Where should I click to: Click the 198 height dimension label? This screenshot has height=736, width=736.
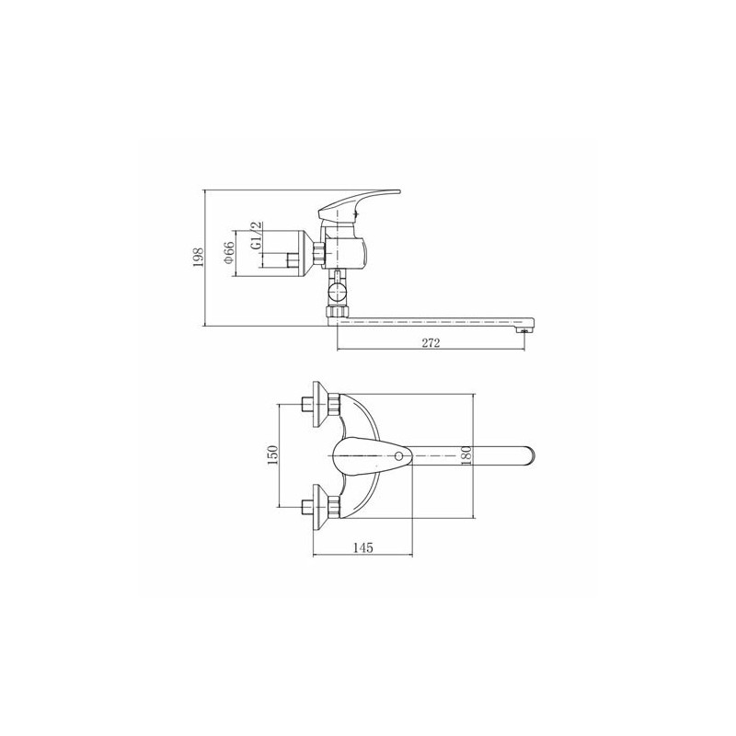(x=198, y=258)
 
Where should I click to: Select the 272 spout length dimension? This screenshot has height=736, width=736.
(x=431, y=343)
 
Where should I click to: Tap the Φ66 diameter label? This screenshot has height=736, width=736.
(x=228, y=253)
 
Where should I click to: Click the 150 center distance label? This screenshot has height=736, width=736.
(x=272, y=454)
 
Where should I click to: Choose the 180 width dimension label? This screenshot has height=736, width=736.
(x=466, y=455)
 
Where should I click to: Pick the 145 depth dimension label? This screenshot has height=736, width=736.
(x=362, y=547)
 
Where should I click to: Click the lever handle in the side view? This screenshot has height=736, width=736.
(x=359, y=204)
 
